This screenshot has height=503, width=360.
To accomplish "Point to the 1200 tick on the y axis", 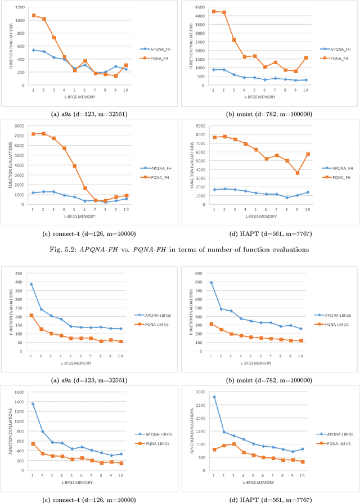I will (21, 7).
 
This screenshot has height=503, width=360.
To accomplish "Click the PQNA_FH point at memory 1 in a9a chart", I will (34, 15).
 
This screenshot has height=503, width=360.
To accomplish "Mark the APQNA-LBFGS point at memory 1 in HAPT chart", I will (214, 397).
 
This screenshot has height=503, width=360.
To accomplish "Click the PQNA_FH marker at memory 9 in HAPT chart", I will (298, 173).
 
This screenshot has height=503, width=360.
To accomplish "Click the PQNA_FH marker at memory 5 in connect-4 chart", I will (74, 166).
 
